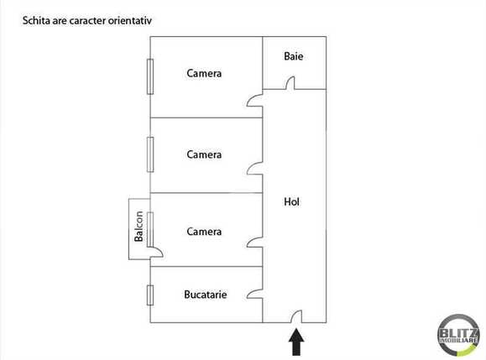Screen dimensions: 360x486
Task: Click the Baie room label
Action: [294, 57]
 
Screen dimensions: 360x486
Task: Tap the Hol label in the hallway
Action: [292, 202]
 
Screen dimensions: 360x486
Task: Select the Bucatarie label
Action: [206, 295]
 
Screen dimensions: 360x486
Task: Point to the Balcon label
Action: [139, 225]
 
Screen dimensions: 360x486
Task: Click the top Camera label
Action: [204, 74]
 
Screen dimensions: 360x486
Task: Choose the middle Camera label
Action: [204, 154]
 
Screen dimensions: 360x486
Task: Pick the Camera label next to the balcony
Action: [204, 232]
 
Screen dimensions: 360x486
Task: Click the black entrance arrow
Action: [295, 342]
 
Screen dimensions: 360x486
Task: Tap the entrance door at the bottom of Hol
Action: [295, 316]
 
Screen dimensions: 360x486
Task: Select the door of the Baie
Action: [291, 83]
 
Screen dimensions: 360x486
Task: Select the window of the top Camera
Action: [149, 77]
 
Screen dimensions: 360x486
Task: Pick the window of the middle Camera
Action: [149, 154]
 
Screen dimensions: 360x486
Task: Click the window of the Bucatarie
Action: [149, 295]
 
